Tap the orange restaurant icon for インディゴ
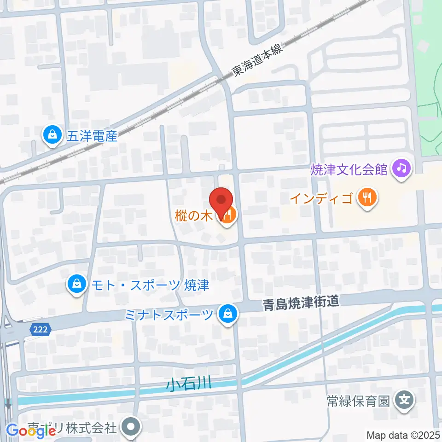367,198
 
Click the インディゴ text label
321,199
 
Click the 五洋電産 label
93,136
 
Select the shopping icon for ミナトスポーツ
227,315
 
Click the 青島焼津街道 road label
302,303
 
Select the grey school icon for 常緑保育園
405,399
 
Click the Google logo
31,430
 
